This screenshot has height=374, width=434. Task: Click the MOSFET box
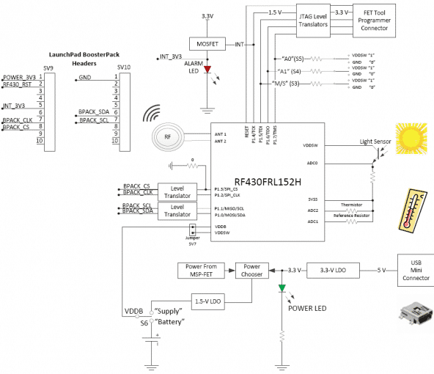tap(208, 45)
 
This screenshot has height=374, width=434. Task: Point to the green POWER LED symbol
tap(282, 288)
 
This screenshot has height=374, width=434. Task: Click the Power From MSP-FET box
tap(200, 271)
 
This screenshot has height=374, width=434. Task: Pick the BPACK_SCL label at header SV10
tap(94, 120)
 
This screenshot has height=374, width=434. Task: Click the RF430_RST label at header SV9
tap(16, 84)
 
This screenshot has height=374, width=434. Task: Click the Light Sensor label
tap(377, 141)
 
